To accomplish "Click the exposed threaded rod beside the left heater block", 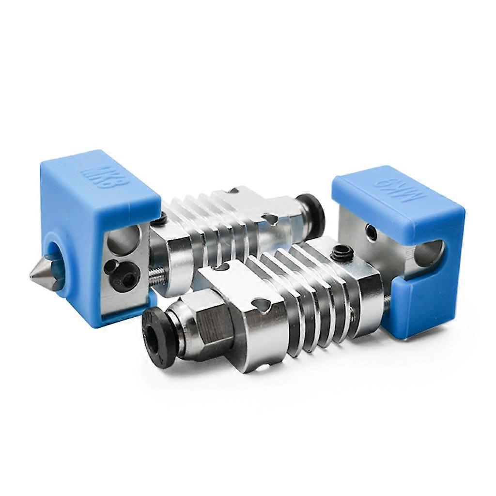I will [156, 276].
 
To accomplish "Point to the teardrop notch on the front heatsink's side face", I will [262, 305].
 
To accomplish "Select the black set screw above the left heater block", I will [159, 220].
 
